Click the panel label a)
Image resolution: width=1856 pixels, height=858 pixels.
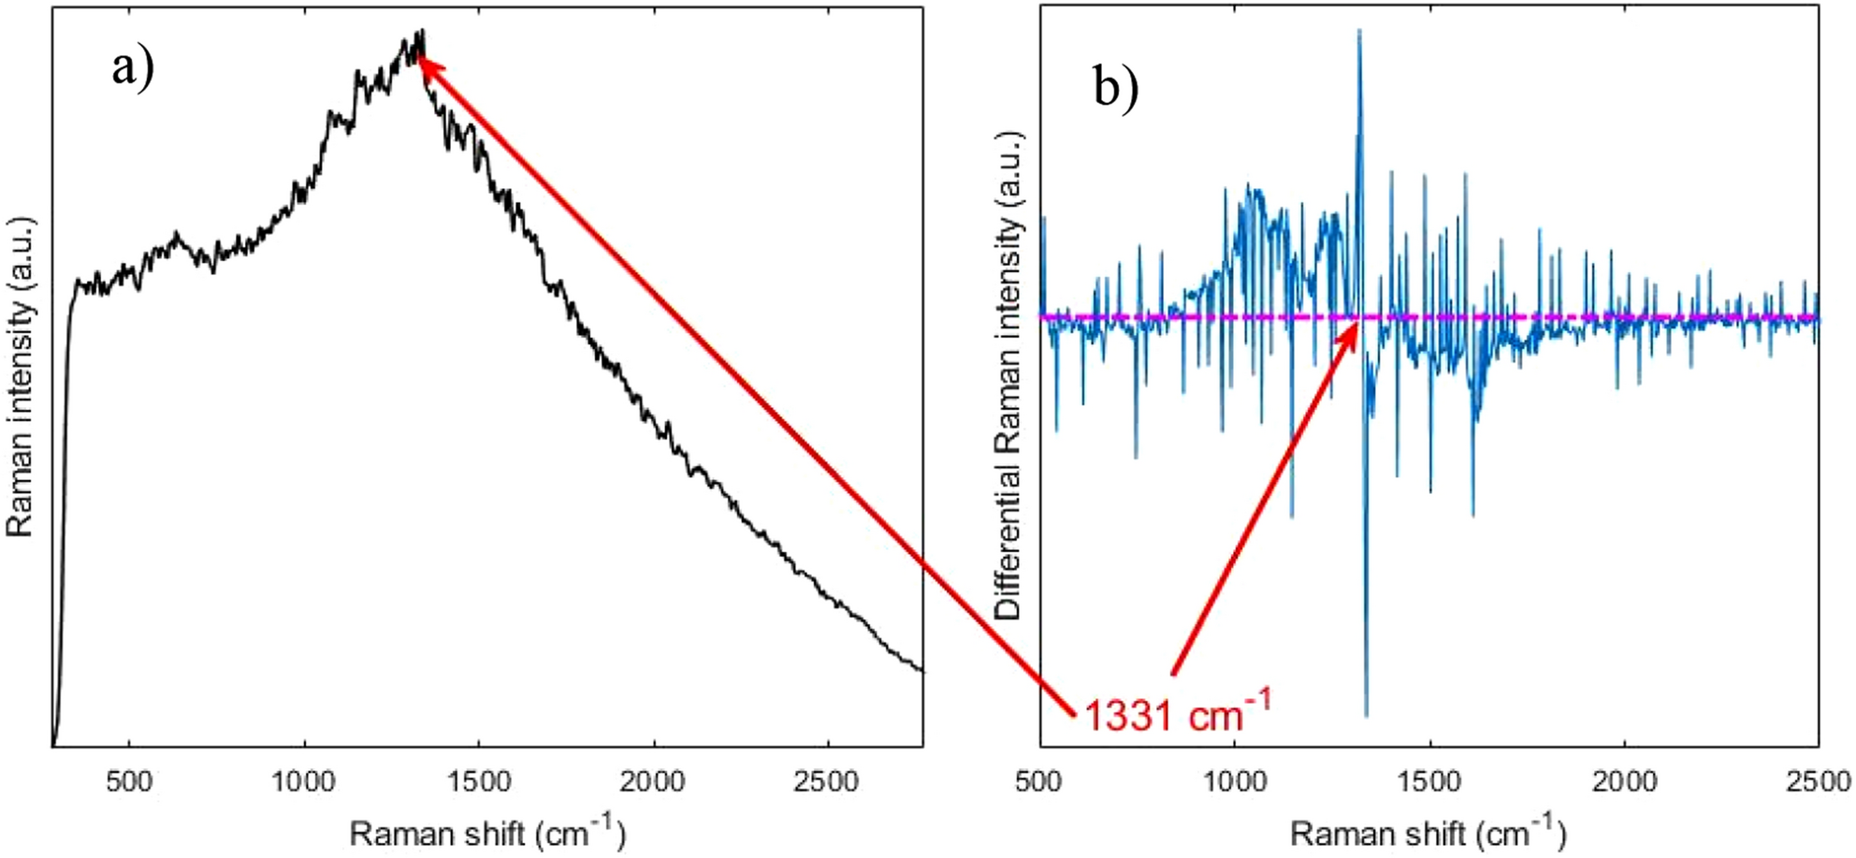pos(133,66)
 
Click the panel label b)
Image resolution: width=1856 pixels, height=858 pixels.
pos(1115,89)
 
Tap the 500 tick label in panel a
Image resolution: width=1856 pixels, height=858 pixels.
pos(128,781)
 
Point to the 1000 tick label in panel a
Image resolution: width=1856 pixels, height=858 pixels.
pos(303,781)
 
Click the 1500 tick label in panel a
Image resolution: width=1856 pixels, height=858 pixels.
pos(478,781)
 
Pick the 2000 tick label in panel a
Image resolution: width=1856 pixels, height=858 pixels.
pos(653,781)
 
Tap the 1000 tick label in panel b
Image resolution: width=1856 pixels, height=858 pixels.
pos(1235,781)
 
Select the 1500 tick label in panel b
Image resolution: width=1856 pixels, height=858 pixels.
pos(1430,781)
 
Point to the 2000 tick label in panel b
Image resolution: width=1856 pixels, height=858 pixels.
pos(1625,781)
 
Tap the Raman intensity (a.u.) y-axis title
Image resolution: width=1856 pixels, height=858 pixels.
pos(21,377)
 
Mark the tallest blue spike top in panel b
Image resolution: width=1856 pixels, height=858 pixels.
pos(1359,32)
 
